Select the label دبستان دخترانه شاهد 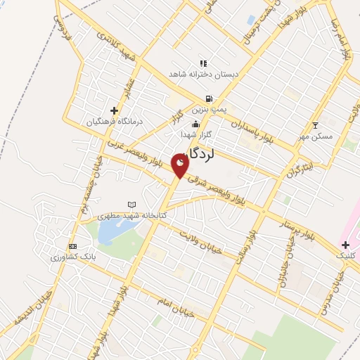202,74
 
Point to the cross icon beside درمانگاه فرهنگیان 114,110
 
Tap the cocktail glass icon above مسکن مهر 316,125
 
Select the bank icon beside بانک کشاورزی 72,246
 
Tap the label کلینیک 347,255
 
